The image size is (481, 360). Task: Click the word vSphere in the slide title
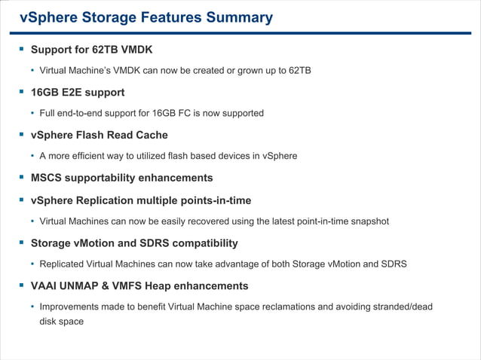[x=47, y=17]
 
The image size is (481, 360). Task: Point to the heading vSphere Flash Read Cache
[x=99, y=135]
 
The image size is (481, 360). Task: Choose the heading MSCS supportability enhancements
[x=121, y=178]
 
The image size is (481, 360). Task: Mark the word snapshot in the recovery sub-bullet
[x=367, y=221]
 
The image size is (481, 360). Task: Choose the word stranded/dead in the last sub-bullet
[x=403, y=307]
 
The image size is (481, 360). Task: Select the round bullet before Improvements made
[x=32, y=307]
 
